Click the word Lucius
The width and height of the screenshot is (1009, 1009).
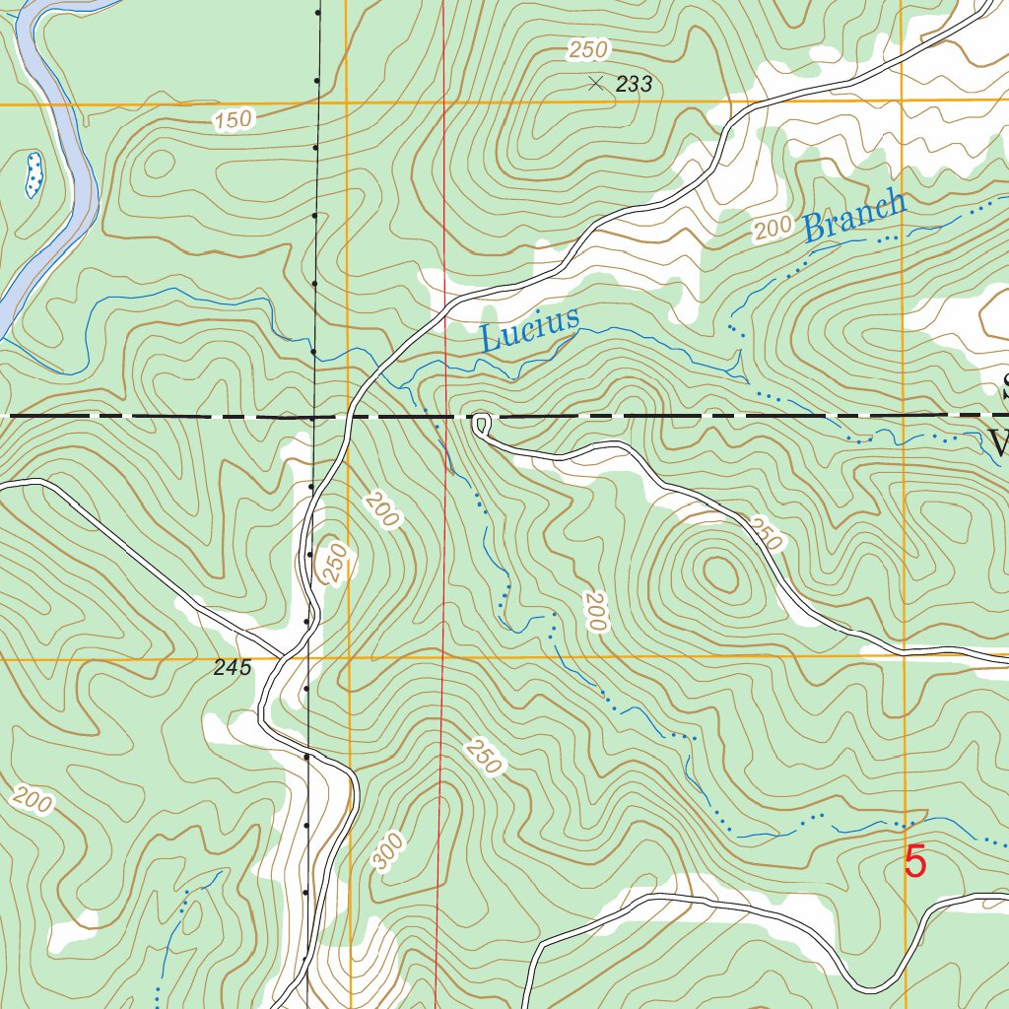point(528,329)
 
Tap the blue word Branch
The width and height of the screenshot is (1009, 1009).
point(853,216)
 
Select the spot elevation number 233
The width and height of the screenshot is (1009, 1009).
point(634,85)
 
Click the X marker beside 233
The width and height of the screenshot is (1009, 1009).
point(595,84)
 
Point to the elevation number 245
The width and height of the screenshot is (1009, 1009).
point(233,668)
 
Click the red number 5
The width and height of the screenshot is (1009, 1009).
point(915,862)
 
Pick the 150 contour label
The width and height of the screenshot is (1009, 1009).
point(233,120)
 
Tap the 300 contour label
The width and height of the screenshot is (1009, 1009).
point(389,850)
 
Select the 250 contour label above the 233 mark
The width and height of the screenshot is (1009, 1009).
point(588,49)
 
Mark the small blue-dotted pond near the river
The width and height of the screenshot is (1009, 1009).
point(34,174)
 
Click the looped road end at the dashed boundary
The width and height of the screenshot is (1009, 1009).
point(481,424)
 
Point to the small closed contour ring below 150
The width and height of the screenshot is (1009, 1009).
point(157,163)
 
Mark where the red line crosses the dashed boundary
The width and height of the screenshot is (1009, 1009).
point(444,417)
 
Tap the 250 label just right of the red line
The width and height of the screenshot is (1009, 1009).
point(481,756)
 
